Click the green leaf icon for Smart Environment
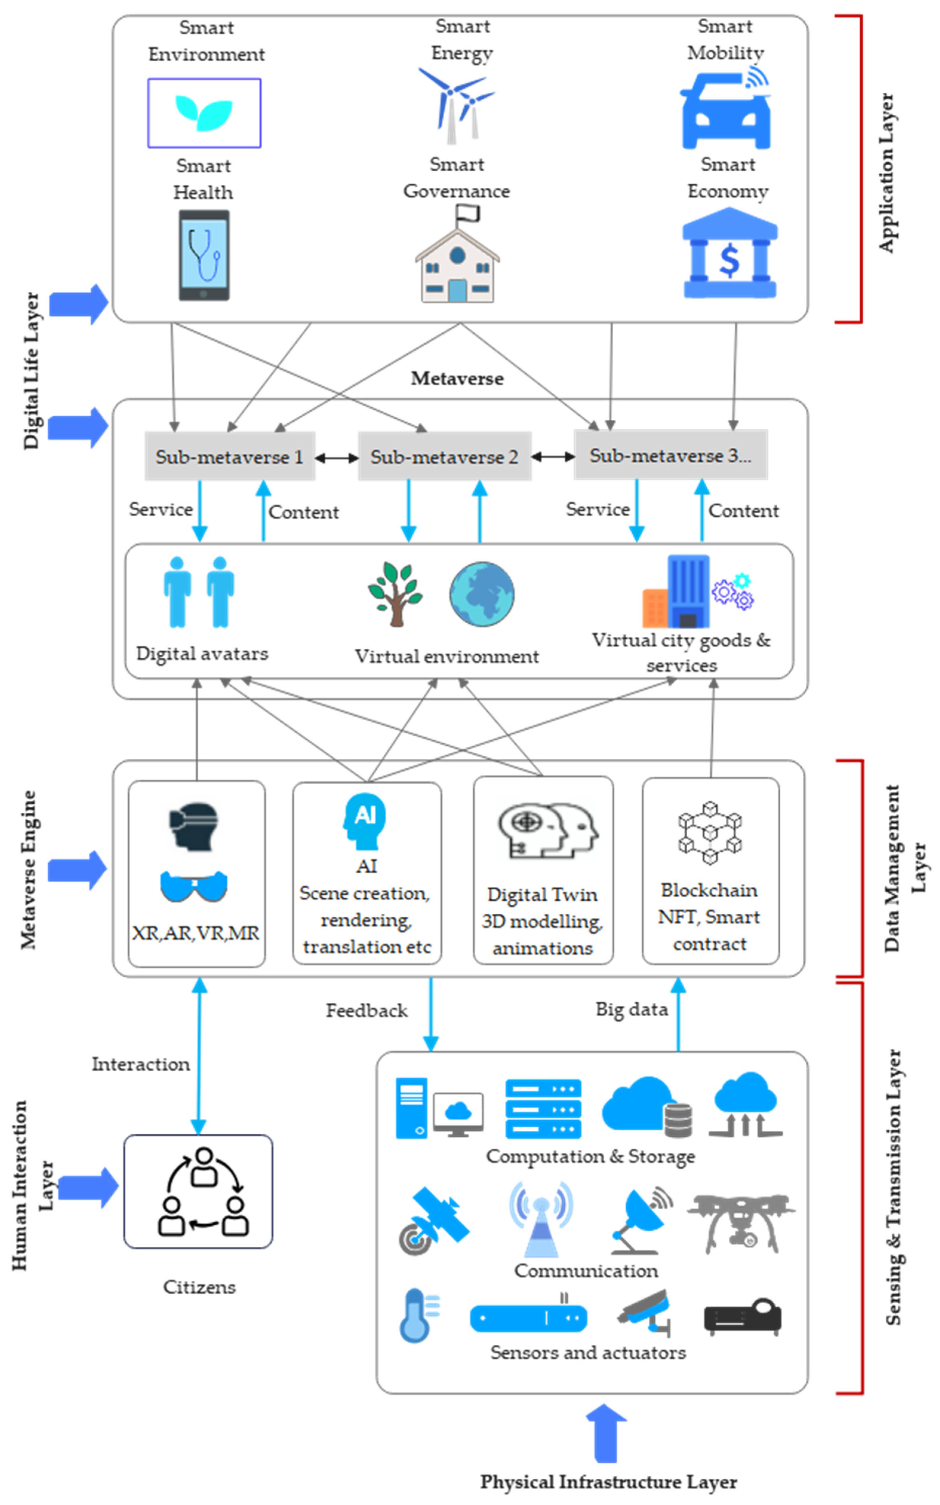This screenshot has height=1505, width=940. [204, 113]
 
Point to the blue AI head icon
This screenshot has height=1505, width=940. [365, 821]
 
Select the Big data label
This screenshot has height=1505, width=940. [632, 1009]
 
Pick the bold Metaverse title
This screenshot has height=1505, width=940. [457, 379]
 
